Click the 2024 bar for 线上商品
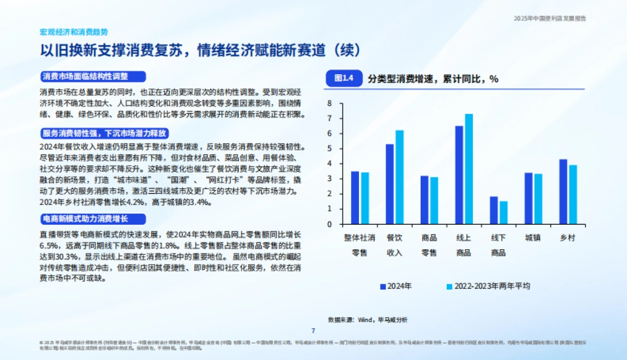[459, 175]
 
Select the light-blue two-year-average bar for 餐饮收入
[399, 177]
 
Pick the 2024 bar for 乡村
[563, 192]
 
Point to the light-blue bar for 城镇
[538, 199]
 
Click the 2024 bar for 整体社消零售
[355, 198]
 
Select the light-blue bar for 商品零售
[434, 201]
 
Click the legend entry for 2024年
[396, 286]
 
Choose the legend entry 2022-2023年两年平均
[488, 286]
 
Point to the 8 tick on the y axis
[330, 103]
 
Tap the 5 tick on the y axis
[330, 149]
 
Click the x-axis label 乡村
[567, 238]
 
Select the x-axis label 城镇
[533, 238]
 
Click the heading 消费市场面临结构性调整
[85, 76]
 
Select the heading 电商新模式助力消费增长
[85, 218]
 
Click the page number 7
[313, 330]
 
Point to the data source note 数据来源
[367, 319]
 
